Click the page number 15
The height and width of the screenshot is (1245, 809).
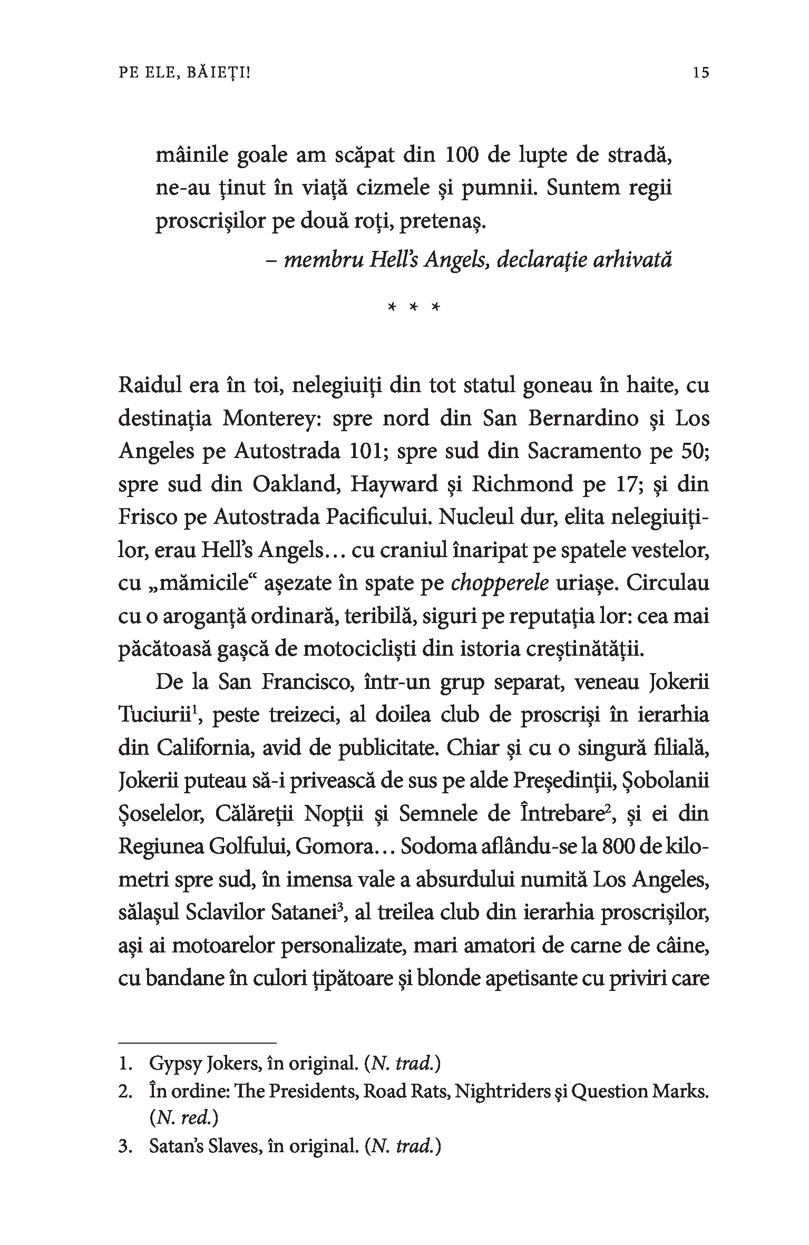pyautogui.click(x=701, y=72)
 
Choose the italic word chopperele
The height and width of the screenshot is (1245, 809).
pyautogui.click(x=501, y=583)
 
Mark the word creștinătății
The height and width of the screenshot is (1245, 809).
pyautogui.click(x=585, y=649)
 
